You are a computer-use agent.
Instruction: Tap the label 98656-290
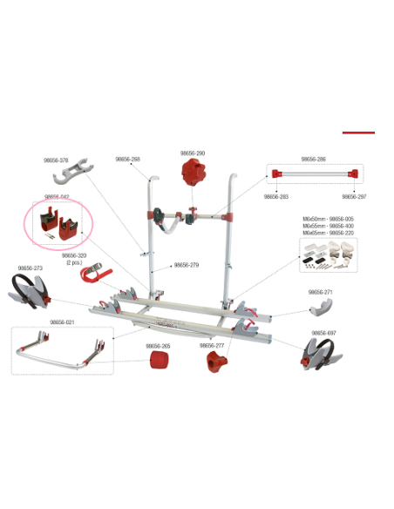click(x=193, y=153)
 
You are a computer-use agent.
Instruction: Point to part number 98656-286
click(x=313, y=159)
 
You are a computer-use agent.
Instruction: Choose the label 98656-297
click(x=353, y=197)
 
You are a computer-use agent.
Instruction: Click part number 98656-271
click(x=321, y=293)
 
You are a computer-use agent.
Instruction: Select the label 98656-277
click(x=214, y=345)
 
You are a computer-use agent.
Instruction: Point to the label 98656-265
click(x=159, y=345)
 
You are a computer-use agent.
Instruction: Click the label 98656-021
click(x=62, y=322)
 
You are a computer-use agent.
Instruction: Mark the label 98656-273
click(x=31, y=268)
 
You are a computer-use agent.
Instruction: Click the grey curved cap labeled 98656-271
click(x=325, y=308)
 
